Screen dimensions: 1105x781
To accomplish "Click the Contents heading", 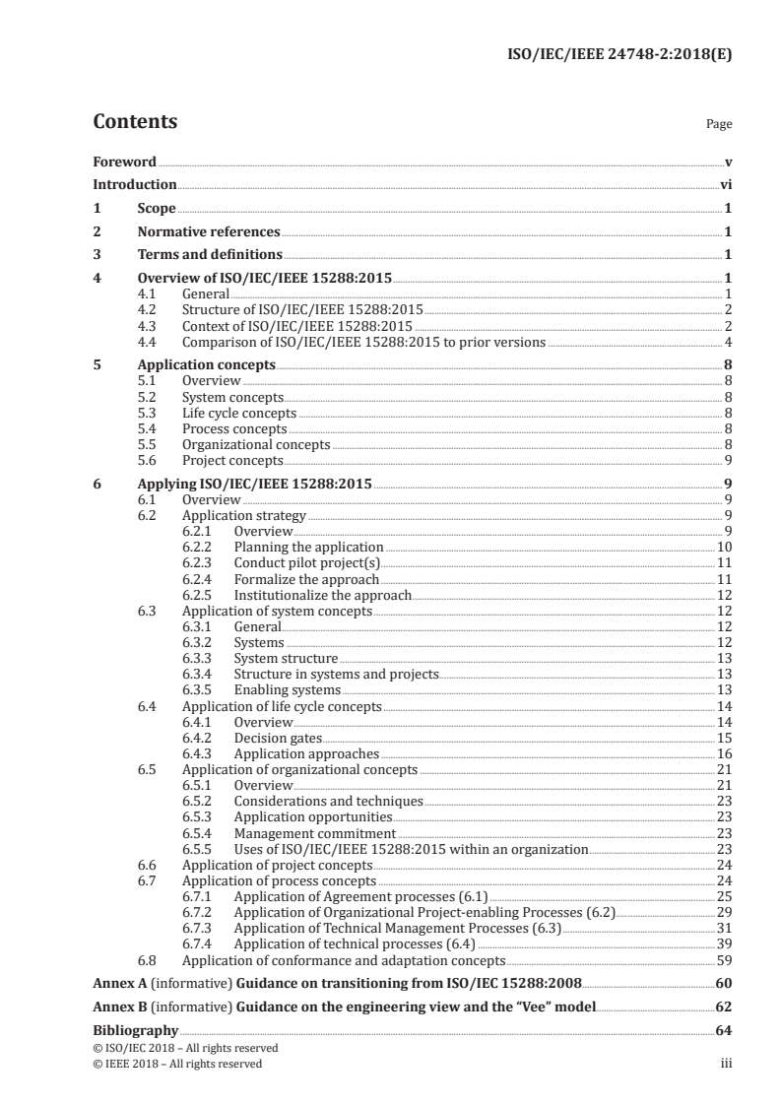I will (x=135, y=122).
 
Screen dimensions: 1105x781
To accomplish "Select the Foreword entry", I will (x=124, y=162).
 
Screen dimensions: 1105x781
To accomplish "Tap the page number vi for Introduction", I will (x=725, y=184).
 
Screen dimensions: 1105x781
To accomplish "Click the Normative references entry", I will (x=209, y=232).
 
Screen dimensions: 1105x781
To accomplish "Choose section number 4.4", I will (x=148, y=342).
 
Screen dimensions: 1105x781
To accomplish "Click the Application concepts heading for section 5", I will (x=206, y=365).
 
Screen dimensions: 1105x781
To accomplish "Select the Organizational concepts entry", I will (x=256, y=445).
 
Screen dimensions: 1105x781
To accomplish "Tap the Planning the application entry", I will (x=308, y=547).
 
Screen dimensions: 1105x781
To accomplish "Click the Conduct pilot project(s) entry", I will (x=306, y=562).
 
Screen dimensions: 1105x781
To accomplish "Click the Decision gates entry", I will (x=278, y=738).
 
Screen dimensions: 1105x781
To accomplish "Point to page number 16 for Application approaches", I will (x=724, y=753).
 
